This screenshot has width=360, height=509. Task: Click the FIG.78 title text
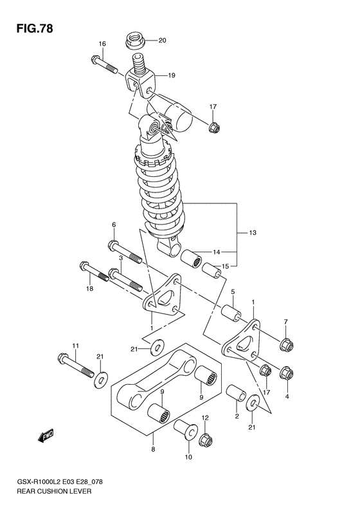34,29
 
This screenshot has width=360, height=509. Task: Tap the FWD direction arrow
46,436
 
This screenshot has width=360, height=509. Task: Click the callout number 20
162,41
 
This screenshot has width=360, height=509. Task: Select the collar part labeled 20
134,41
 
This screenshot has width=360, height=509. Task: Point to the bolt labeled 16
104,65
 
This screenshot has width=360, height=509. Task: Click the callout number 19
172,75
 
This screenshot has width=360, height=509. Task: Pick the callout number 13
253,232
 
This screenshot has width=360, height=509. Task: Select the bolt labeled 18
94,272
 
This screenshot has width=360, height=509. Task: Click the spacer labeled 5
231,313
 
